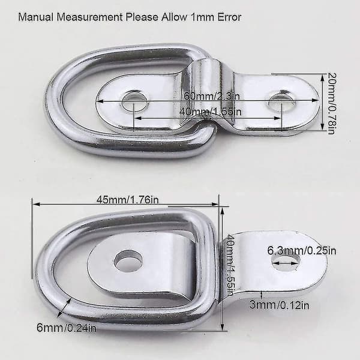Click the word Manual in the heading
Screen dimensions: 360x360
(35, 17)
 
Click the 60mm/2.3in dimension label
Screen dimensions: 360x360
(211, 95)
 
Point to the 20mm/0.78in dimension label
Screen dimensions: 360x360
(332, 103)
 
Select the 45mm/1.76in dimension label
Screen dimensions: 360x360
(127, 200)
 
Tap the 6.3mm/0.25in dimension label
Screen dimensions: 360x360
(301, 250)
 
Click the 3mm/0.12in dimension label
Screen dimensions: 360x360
(279, 305)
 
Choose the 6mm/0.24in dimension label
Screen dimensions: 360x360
(67, 328)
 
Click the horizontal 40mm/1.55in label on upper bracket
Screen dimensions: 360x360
(211, 112)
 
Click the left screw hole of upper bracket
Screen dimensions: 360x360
(134, 101)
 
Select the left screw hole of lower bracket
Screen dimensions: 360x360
(128, 261)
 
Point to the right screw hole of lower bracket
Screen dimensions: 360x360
(286, 262)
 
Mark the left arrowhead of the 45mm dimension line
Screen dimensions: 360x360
(36, 204)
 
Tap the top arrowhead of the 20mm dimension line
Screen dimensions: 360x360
(323, 77)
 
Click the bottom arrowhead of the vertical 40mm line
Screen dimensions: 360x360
(222, 327)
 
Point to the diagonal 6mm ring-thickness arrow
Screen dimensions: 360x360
(65, 308)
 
